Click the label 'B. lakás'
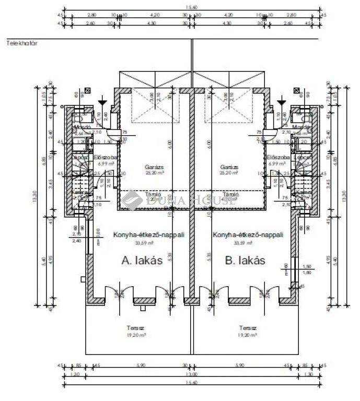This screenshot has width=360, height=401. coord(243,261)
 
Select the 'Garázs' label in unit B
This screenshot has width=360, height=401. coord(229,168)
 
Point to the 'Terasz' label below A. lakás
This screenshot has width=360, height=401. coord(132,328)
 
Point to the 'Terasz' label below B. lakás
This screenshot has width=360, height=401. coord(249,328)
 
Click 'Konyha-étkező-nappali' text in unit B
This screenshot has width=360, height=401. coord(248,235)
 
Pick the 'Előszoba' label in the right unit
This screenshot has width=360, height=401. coord(275,157)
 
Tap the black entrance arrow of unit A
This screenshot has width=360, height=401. coord(103,99)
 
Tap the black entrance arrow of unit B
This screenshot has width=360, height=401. coord(282,99)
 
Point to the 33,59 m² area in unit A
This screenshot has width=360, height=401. coord(140,242)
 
